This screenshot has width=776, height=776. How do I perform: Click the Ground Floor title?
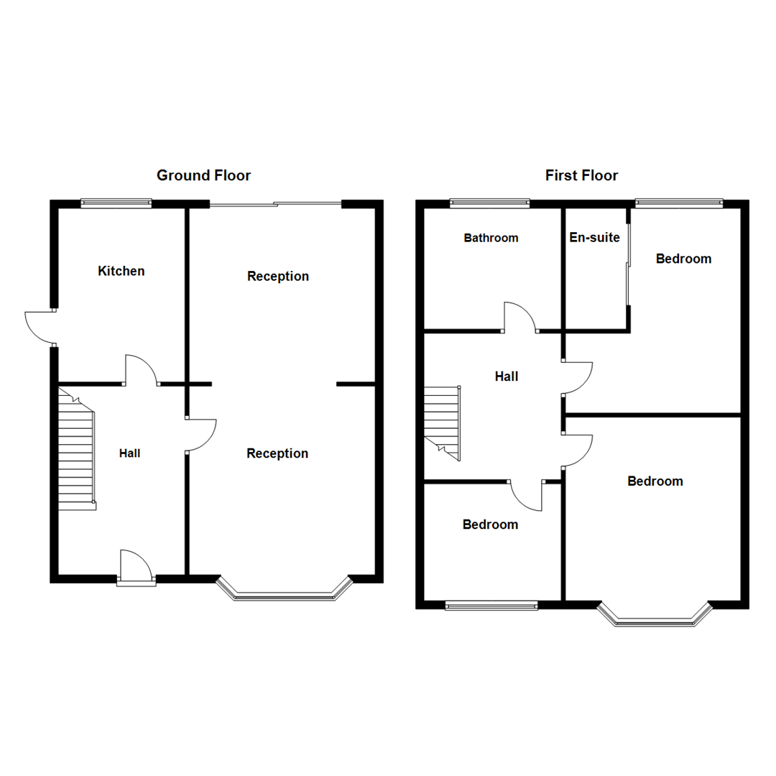[203, 175]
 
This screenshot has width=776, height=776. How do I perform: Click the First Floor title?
[581, 175]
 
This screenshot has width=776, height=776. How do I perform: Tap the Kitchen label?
[121, 271]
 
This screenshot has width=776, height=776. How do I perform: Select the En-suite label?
[594, 237]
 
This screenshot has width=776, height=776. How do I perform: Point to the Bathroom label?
[491, 238]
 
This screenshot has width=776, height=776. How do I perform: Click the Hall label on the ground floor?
[129, 453]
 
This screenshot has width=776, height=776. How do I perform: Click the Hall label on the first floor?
[507, 376]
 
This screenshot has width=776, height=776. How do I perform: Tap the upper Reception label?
[278, 276]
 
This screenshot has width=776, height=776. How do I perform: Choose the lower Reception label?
[277, 453]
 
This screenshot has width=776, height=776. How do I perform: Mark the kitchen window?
[116, 203]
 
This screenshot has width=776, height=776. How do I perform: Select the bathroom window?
[490, 203]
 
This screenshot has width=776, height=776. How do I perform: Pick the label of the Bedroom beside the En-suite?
[683, 259]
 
